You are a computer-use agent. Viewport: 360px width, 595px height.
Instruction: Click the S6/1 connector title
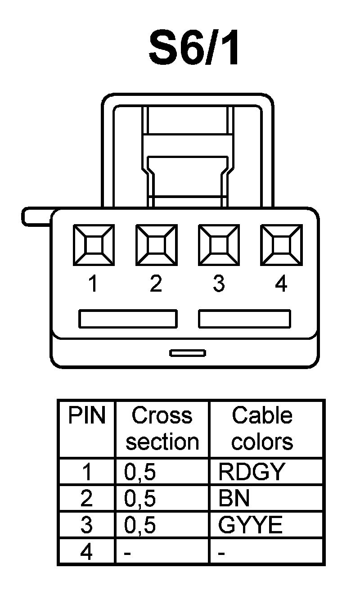tap(194, 49)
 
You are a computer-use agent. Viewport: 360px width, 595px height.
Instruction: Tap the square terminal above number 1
tap(93, 246)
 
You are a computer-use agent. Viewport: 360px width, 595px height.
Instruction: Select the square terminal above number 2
tap(156, 246)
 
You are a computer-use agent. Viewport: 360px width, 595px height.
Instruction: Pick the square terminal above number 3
tap(219, 246)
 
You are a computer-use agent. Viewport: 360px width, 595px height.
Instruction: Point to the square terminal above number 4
tap(281, 246)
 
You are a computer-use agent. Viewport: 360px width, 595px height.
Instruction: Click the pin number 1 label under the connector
tap(93, 284)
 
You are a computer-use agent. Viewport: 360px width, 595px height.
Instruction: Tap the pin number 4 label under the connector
tap(281, 284)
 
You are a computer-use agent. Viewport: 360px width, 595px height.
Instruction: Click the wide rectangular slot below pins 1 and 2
tap(128, 319)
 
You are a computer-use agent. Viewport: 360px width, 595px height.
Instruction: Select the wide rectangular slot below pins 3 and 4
tap(245, 319)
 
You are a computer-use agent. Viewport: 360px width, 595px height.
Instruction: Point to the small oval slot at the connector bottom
tap(188, 352)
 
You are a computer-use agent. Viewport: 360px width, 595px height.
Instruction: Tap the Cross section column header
tap(162, 428)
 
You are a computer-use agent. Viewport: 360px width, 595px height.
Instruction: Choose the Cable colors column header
tap(262, 428)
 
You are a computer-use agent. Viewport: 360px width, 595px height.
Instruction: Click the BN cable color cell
tap(234, 498)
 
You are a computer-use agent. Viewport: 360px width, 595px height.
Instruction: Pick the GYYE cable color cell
tap(250, 525)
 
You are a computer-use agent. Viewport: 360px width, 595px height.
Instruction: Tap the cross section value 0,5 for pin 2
tap(140, 498)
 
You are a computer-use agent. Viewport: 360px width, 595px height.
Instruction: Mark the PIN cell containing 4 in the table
tap(86, 551)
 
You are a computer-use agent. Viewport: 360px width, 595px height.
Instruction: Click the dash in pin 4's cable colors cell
tap(221, 552)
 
